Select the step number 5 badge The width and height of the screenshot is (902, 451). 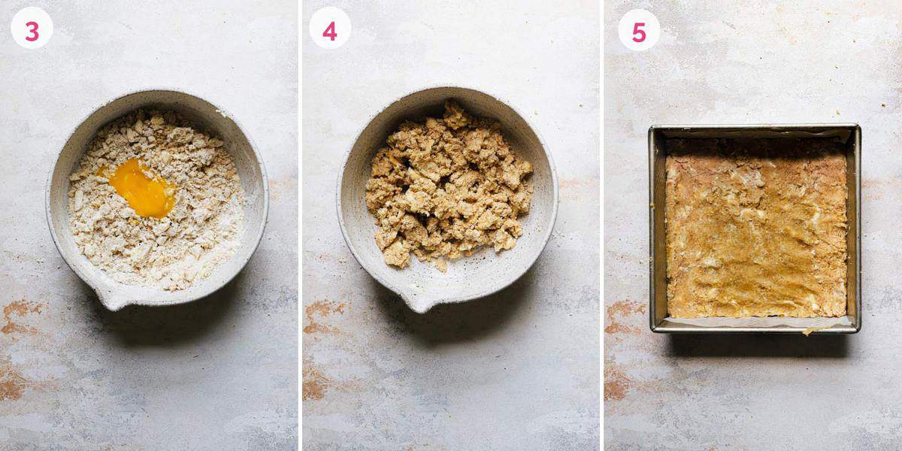638,30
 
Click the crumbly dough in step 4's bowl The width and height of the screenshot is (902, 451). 448,188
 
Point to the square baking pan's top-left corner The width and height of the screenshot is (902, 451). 652,129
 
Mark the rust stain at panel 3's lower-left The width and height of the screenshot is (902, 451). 19,316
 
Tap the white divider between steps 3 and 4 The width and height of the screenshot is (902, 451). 300,225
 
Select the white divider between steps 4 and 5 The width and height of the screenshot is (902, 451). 601,225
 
